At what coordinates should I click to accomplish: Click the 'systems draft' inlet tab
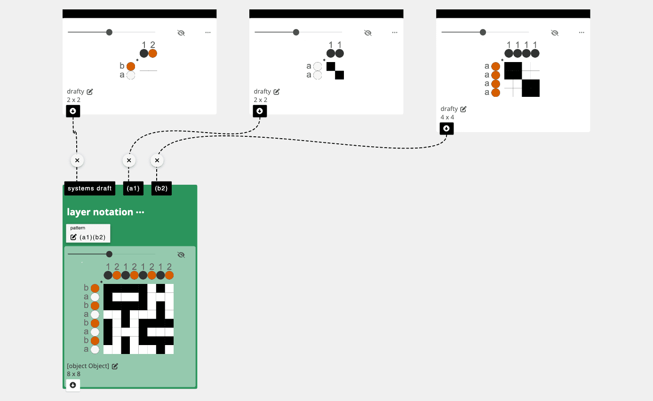click(90, 189)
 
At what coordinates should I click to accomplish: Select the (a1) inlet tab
click(133, 189)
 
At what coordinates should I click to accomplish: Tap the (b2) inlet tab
click(161, 189)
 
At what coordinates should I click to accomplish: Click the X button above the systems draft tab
click(77, 161)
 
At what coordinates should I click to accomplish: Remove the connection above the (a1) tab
click(129, 161)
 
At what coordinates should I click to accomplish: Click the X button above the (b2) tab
click(157, 161)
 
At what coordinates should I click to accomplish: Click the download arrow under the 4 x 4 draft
click(446, 128)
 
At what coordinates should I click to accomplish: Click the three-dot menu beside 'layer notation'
click(140, 212)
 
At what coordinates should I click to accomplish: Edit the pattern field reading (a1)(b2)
click(92, 237)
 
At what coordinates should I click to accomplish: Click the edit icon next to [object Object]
click(115, 366)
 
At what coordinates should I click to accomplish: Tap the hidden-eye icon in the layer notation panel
click(181, 255)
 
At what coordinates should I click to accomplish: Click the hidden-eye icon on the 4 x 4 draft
click(555, 32)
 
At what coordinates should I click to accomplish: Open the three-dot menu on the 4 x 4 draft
click(581, 32)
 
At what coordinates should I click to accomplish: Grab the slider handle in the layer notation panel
click(109, 254)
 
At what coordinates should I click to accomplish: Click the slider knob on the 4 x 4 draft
click(483, 32)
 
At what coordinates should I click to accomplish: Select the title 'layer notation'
click(100, 212)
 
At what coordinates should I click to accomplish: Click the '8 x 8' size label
click(73, 374)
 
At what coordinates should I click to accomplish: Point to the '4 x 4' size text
click(447, 117)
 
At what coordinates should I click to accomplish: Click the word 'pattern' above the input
click(78, 228)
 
